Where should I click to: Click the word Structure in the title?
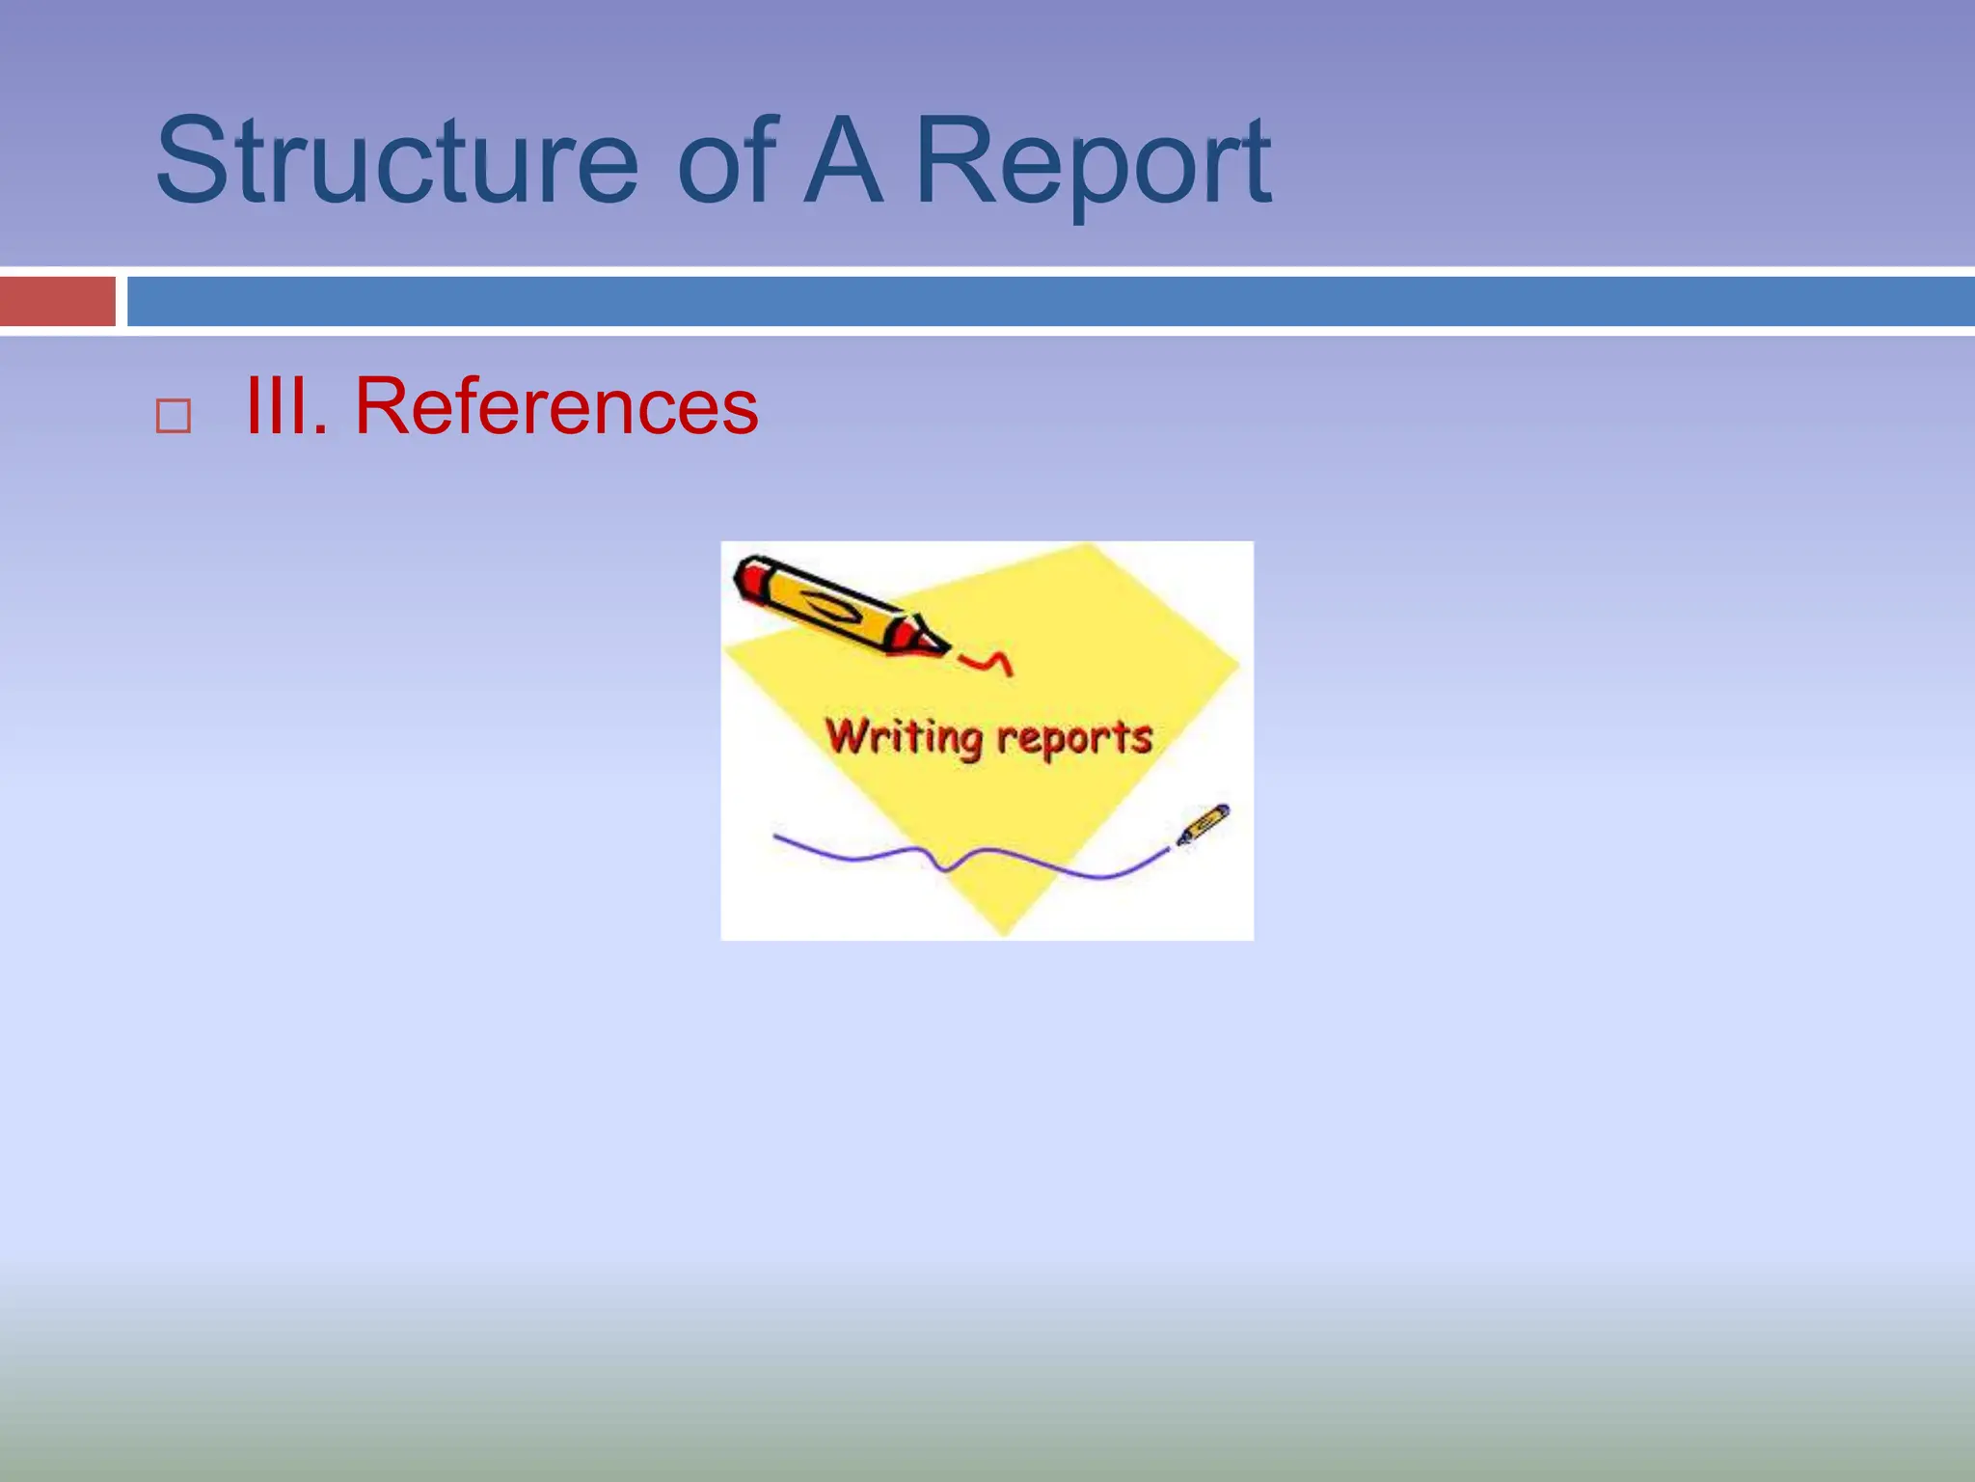point(395,162)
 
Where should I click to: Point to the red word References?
point(556,407)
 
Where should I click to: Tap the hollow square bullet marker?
point(174,417)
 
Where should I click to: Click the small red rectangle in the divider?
point(57,301)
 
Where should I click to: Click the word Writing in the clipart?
point(904,738)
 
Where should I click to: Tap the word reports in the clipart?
point(1074,738)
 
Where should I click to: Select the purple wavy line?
point(964,857)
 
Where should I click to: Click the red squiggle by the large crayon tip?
point(988,662)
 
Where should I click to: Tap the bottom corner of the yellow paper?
point(1004,930)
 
